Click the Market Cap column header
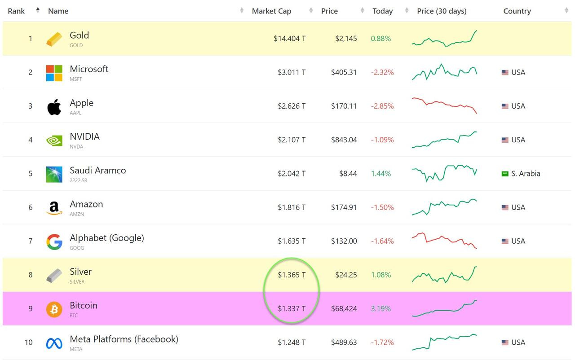coord(271,11)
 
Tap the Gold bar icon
coord(54,39)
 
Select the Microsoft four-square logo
coord(54,73)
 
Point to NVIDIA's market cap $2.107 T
coord(292,140)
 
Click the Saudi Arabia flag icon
coord(505,174)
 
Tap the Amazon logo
coord(54,208)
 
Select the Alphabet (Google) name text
coord(107,238)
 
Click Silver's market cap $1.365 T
coord(292,275)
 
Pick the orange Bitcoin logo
coord(54,309)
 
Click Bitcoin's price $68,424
coord(344,309)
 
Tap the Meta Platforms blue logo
coord(54,343)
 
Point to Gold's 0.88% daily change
coord(380,39)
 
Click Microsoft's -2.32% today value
coord(382,73)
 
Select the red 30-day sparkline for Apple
coord(444,105)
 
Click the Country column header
coord(517,11)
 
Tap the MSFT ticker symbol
coord(76,79)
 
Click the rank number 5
coord(31,174)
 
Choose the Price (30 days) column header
coord(442,11)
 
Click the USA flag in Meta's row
coord(505,342)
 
